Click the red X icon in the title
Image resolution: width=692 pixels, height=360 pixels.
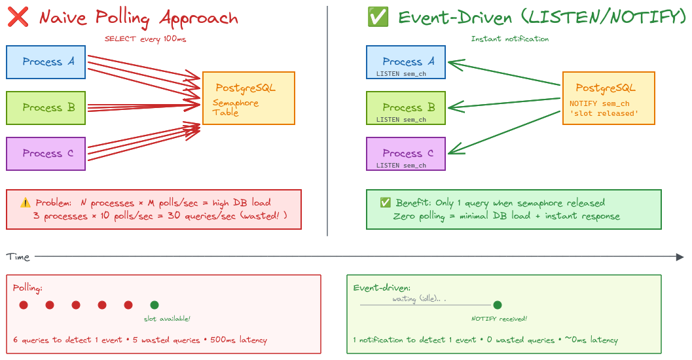point(18,18)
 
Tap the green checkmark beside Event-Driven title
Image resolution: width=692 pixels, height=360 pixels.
point(378,18)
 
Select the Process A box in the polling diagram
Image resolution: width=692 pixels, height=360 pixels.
point(46,62)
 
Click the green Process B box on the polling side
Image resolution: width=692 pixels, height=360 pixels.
point(46,108)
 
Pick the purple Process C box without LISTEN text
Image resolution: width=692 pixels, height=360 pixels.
point(46,154)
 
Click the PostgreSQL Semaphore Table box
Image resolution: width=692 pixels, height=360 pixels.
point(249,98)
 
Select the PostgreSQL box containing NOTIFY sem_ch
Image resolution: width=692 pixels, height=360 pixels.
point(608,98)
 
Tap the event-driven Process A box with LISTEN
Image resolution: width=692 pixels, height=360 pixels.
point(406,62)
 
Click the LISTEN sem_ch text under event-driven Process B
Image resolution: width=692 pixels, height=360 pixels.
point(401,120)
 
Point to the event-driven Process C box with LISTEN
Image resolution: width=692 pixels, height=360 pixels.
point(406,154)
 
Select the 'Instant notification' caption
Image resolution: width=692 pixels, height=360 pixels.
point(509,39)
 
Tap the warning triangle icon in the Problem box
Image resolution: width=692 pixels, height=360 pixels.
point(26,203)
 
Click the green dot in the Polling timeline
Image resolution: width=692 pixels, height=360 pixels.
point(155,305)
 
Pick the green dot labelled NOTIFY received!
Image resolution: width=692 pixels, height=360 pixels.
point(498,305)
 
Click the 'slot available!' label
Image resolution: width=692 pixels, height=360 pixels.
point(167,319)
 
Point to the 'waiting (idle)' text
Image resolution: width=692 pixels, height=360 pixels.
point(419,299)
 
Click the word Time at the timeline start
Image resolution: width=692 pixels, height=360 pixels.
point(18,257)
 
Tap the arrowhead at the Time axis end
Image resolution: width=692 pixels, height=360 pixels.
point(681,257)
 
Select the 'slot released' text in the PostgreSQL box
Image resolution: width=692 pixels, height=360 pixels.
point(604,113)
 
